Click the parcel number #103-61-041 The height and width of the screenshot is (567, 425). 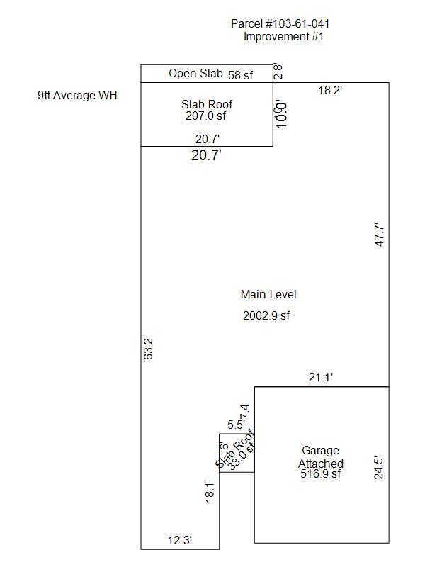tap(280, 24)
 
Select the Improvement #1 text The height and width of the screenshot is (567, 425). tap(283, 37)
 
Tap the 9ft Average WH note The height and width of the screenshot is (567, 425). tap(77, 95)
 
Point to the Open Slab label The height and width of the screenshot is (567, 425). tap(195, 73)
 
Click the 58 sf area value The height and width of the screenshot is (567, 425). tap(240, 74)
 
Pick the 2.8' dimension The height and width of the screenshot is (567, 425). tap(278, 72)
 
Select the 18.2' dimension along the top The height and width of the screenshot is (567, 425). tap(330, 91)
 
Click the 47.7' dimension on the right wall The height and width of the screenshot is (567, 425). tap(380, 235)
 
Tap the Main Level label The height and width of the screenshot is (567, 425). tap(268, 295)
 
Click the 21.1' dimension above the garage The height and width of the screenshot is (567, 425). tap(321, 378)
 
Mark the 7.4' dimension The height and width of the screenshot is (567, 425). tap(245, 410)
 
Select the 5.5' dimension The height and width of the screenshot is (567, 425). tap(236, 425)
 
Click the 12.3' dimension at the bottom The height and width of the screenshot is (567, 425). tap(180, 540)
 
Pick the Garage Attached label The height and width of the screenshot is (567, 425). tap(321, 457)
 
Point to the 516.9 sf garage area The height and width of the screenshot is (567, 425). tap(321, 474)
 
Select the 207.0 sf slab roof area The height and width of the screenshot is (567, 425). tap(207, 116)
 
